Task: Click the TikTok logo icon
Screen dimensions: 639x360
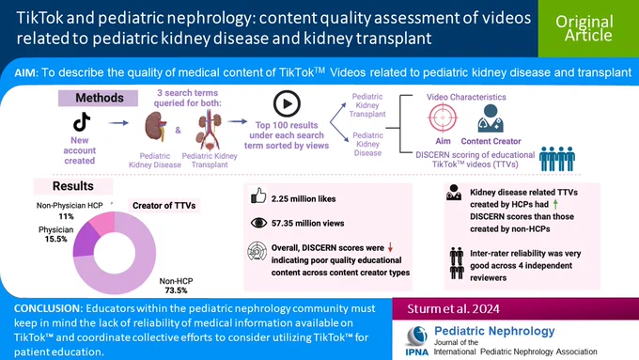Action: click(x=82, y=121)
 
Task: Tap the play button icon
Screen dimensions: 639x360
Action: click(x=287, y=103)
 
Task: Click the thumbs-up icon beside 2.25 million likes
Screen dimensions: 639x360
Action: click(x=258, y=196)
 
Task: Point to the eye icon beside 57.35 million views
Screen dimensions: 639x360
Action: click(x=258, y=223)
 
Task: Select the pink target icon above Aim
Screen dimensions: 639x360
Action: click(x=443, y=117)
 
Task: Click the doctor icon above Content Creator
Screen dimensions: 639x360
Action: click(x=491, y=118)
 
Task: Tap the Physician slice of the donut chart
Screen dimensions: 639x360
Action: click(x=85, y=240)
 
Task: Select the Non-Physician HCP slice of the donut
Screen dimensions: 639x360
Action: click(x=102, y=222)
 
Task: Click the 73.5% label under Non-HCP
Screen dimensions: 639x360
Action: click(x=176, y=290)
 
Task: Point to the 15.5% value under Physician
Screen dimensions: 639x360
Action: click(x=55, y=239)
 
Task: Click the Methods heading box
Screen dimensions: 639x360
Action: click(x=99, y=98)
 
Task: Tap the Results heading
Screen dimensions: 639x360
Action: click(x=73, y=186)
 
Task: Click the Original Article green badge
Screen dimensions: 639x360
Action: click(x=588, y=28)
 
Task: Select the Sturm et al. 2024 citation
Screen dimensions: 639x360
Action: click(x=453, y=308)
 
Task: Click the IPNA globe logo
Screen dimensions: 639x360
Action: click(x=417, y=337)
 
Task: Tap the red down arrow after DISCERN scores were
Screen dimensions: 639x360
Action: click(x=390, y=247)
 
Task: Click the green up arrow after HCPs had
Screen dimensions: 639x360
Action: click(x=555, y=204)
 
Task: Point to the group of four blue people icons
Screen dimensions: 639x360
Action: click(x=557, y=159)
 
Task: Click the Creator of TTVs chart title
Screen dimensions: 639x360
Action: click(x=164, y=206)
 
